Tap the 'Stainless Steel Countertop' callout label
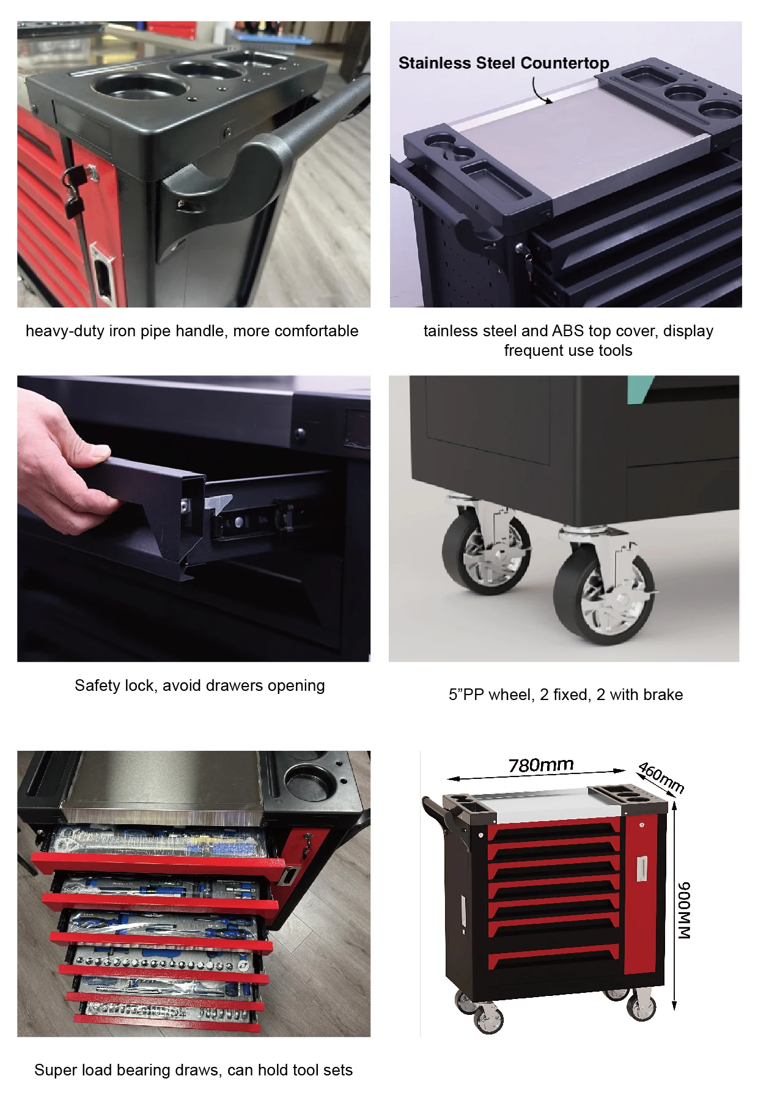pyautogui.click(x=504, y=63)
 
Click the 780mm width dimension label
pyautogui.click(x=541, y=764)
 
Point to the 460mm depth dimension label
pyautogui.click(x=660, y=777)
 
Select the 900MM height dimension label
pyautogui.click(x=684, y=910)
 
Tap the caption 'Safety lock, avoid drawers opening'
pyautogui.click(x=199, y=685)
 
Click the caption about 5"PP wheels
pyautogui.click(x=565, y=695)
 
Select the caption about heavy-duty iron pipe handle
pyautogui.click(x=192, y=331)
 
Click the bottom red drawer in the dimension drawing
pyautogui.click(x=554, y=957)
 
